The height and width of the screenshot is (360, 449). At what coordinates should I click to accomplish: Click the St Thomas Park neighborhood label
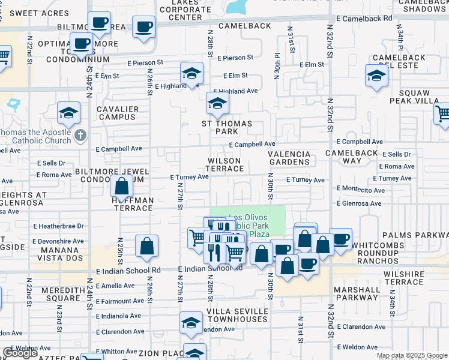pyautogui.click(x=226, y=127)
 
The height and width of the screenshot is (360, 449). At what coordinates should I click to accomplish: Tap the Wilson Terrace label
pyautogui.click(x=225, y=165)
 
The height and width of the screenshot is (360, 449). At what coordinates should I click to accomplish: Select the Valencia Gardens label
pyautogui.click(x=289, y=158)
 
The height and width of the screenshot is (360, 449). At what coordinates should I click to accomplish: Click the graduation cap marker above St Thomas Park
pyautogui.click(x=217, y=104)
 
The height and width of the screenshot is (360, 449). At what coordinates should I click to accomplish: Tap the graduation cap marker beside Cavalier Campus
pyautogui.click(x=69, y=113)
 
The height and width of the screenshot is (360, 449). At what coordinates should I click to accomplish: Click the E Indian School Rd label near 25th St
pyautogui.click(x=128, y=271)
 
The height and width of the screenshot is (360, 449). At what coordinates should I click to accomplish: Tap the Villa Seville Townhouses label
pyautogui.click(x=237, y=315)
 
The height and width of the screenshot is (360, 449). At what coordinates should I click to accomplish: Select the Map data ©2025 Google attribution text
pyautogui.click(x=412, y=355)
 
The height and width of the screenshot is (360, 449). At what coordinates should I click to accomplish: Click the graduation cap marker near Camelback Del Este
pyautogui.click(x=376, y=76)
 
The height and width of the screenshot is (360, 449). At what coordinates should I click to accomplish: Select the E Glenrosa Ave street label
pyautogui.click(x=359, y=203)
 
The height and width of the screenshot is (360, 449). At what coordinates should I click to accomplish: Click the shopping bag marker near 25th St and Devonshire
pyautogui.click(x=146, y=246)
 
